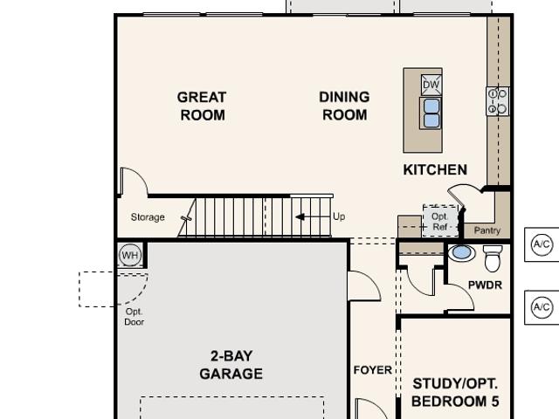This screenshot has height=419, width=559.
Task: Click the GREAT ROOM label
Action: pos(202,106)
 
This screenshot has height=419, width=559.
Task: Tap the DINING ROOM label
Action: pos(344,106)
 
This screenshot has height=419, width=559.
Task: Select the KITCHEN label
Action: pos(435,169)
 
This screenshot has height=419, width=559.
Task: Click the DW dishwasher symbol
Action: pos(431,85)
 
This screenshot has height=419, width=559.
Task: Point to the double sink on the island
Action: pos(431,113)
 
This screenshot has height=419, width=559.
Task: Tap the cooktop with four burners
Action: pos(497,101)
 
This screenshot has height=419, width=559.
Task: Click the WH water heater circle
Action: pos(130,255)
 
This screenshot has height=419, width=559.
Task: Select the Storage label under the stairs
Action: pos(148,217)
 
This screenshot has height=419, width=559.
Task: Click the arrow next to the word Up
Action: pos(313,216)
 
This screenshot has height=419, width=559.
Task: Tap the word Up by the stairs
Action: pos(339,216)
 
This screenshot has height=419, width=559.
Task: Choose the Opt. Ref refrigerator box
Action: pos(440,221)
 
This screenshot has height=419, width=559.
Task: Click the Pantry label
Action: pos(487,230)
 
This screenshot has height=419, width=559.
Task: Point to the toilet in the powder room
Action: pos(493,258)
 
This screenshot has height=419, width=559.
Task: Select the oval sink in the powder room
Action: pos(461,252)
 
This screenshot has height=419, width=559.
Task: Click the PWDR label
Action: pos(485,285)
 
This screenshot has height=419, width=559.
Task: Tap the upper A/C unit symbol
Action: pos(542,244)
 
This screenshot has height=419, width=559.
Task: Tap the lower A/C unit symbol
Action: pos(542,307)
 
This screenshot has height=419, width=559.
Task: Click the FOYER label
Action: pos(373,370)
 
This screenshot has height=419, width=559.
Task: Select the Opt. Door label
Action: pos(134,317)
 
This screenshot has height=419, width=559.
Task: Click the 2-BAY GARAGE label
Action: pos(231,365)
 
